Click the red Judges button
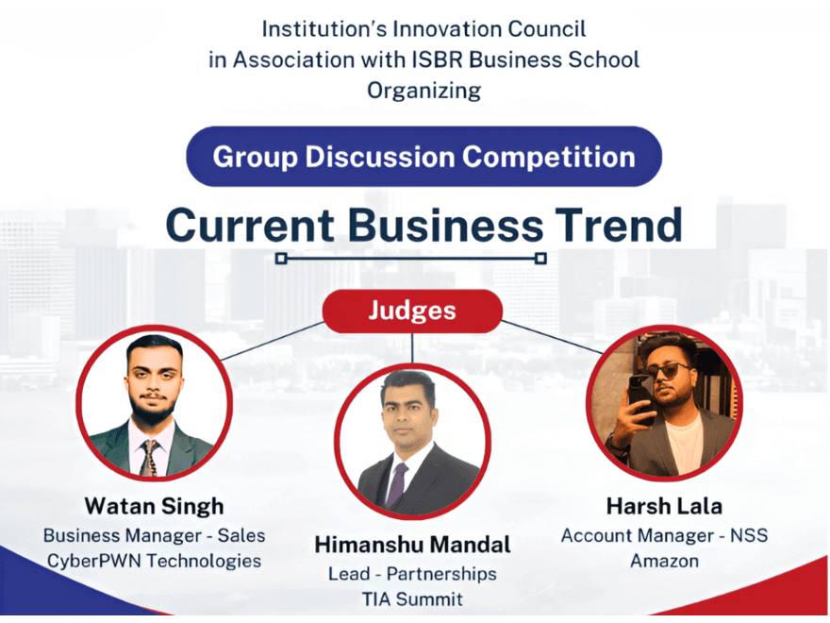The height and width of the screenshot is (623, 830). point(412,311)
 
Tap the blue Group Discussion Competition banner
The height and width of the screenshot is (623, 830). point(424,157)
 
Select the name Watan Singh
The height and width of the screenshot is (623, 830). point(154,507)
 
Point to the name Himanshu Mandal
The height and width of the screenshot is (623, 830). point(412,546)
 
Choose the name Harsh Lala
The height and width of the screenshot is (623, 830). point(664,507)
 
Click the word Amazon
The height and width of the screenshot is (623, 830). point(664,561)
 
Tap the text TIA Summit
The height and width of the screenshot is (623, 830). point(412,599)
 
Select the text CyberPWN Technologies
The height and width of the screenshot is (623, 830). point(154,562)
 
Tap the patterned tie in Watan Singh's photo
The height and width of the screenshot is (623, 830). point(149,458)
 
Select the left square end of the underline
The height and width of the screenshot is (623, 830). point(282,259)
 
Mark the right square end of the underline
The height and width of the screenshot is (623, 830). point(540,259)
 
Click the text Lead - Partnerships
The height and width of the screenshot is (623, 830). point(412,574)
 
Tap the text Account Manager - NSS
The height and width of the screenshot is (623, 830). point(664,535)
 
